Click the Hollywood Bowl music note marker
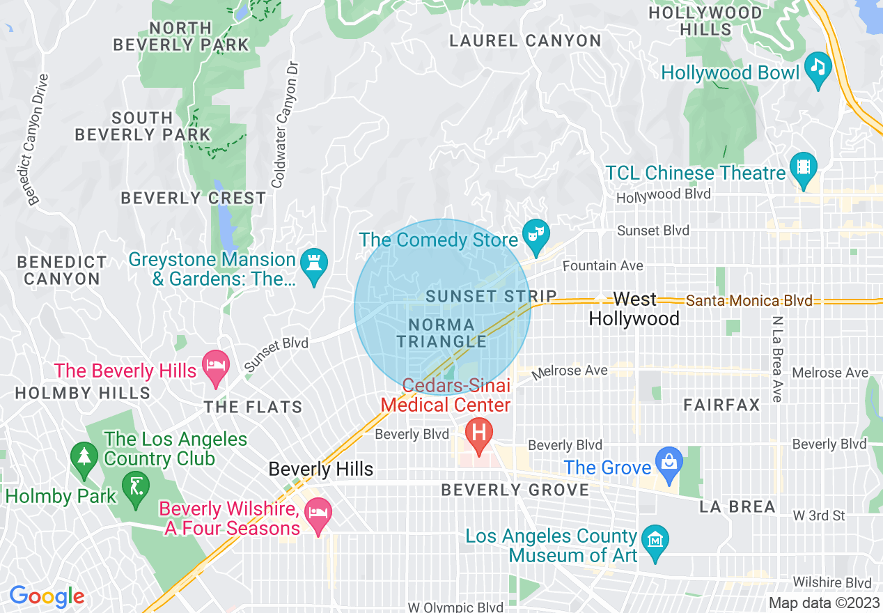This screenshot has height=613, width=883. click(x=818, y=68)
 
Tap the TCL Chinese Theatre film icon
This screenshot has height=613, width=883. click(x=804, y=169)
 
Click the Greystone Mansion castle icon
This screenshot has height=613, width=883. click(x=313, y=265)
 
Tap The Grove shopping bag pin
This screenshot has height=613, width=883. click(x=669, y=463)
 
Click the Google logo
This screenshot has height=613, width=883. click(x=47, y=597)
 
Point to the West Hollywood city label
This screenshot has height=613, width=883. click(x=634, y=309)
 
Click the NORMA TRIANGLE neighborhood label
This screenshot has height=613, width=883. click(x=441, y=333)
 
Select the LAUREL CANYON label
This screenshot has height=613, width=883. click(x=525, y=41)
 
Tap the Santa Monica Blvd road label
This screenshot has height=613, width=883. click(x=749, y=301)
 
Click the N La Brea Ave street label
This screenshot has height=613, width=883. click(x=777, y=358)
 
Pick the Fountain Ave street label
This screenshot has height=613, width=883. click(x=602, y=266)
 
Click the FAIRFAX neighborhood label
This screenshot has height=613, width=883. click(x=721, y=405)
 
